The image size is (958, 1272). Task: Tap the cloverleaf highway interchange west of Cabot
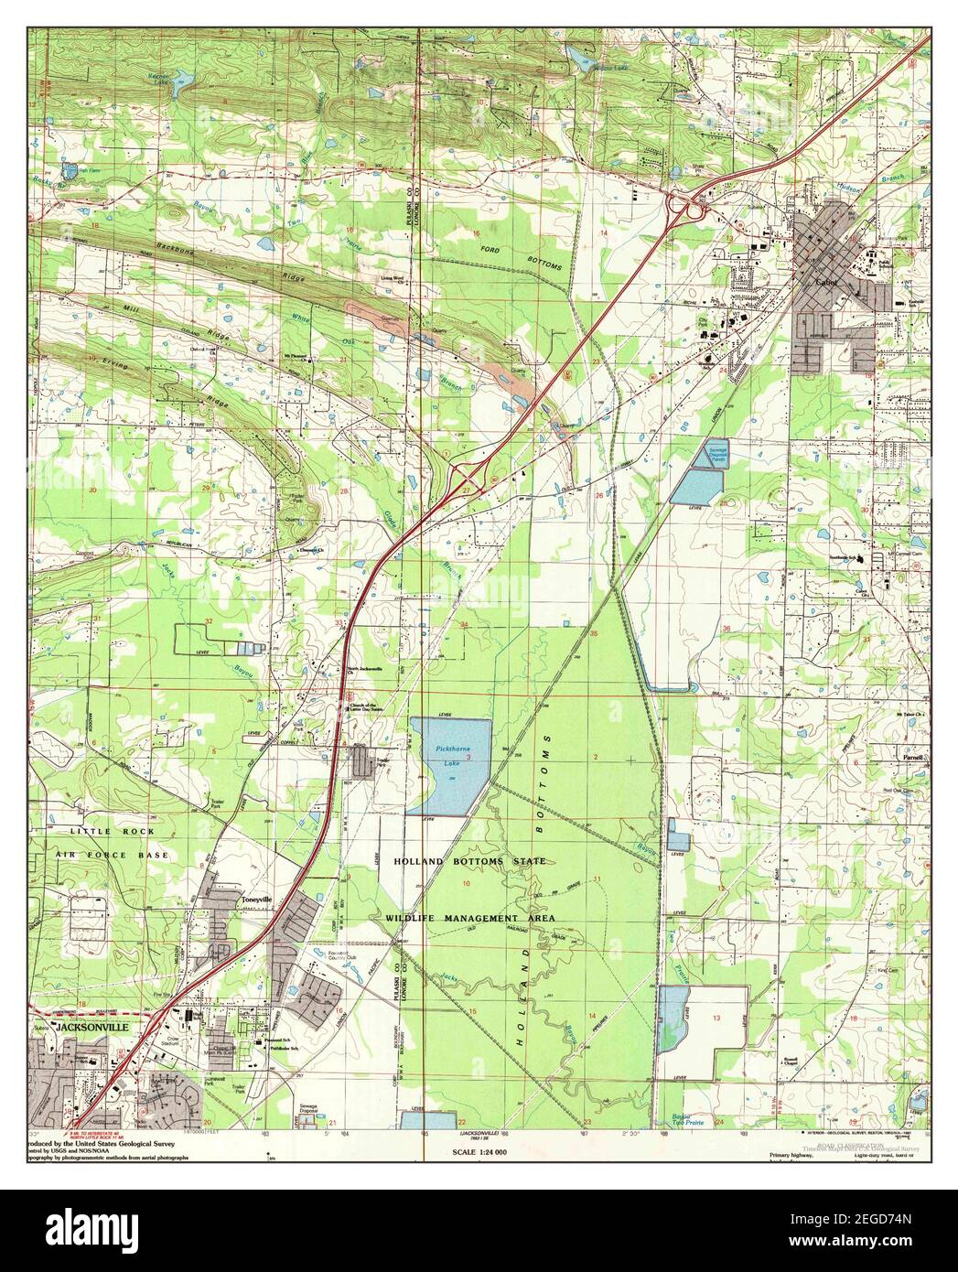(687, 208)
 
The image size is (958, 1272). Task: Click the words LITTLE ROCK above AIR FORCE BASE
(115, 831)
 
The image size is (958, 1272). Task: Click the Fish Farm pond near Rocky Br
(70, 170)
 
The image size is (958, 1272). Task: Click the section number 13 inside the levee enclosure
(716, 1018)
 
